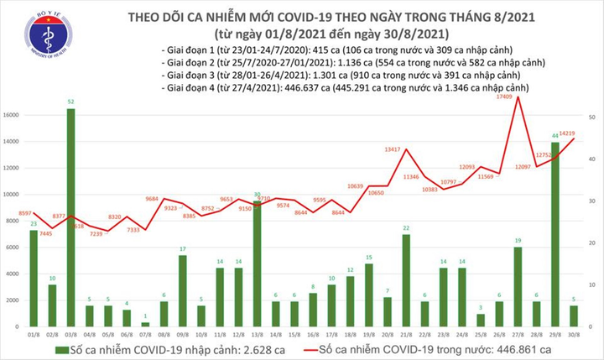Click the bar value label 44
pyautogui.click(x=555, y=136)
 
